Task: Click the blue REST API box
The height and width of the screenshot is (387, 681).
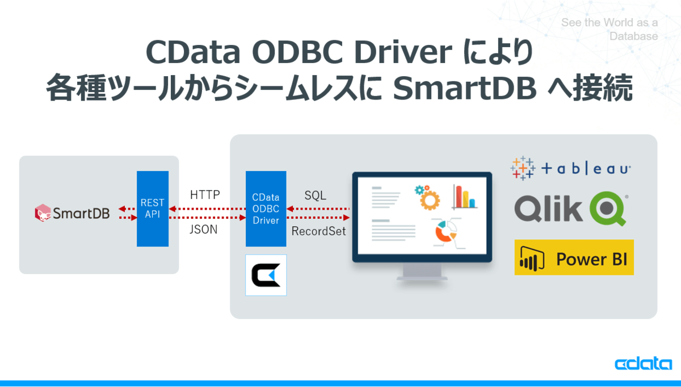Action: [153, 209]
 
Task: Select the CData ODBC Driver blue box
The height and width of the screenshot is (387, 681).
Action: [266, 209]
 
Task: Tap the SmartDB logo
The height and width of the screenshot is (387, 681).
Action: [73, 213]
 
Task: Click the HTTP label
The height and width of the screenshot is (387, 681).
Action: [205, 195]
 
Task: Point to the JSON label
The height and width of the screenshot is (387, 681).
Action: [204, 230]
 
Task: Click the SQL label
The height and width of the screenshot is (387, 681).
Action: [315, 195]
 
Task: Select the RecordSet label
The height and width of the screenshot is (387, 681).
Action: [318, 231]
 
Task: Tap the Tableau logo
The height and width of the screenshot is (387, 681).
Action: [570, 168]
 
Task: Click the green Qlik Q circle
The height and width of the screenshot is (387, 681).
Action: [608, 209]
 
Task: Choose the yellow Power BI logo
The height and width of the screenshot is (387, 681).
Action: [574, 257]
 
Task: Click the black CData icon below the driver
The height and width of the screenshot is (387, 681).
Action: [266, 275]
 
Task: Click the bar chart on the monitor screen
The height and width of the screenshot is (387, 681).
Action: [464, 197]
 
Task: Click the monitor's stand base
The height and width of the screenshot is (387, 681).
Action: [422, 278]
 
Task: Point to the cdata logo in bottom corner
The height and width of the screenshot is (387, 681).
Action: [643, 364]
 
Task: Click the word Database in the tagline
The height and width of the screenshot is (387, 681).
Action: [633, 36]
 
